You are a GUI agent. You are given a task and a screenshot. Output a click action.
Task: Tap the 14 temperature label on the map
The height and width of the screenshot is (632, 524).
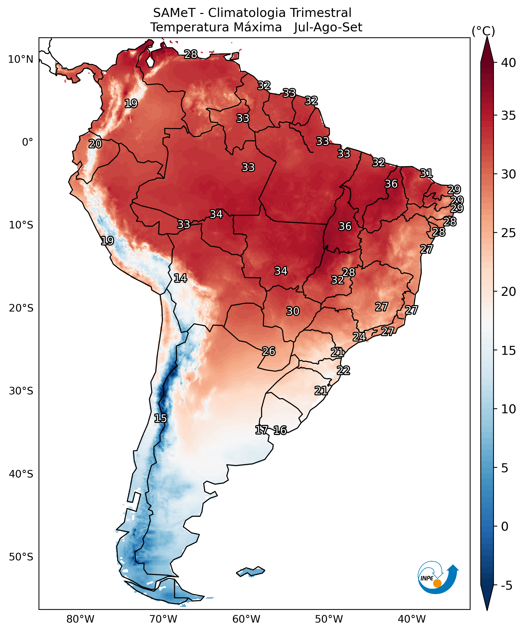pos(180,278)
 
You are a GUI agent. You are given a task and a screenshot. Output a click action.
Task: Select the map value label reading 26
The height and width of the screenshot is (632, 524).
pos(268,351)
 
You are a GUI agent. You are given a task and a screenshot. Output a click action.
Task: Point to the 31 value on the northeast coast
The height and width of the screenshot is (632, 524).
pos(426,173)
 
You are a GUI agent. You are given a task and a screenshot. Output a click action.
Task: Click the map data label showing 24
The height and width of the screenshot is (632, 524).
pos(359,337)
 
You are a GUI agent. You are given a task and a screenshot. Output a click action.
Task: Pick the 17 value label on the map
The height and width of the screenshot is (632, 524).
pos(261,430)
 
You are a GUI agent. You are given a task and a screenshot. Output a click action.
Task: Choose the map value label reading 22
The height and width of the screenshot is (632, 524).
pos(343,370)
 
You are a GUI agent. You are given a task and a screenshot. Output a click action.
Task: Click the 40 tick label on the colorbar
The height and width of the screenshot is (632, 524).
pos(508,63)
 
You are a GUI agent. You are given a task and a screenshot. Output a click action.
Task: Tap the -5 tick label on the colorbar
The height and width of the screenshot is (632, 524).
pos(507,586)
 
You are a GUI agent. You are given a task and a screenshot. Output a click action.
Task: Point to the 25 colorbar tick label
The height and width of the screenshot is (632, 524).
pos(508,233)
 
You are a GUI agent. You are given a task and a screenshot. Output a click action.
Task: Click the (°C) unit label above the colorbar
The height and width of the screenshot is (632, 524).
pos(483,31)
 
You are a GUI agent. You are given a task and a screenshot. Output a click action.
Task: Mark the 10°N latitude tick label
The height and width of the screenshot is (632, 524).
pos(20,59)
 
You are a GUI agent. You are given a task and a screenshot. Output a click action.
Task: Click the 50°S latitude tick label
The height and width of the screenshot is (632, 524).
pos(21,557)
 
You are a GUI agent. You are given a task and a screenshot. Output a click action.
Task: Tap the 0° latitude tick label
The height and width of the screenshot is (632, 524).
pos(27,142)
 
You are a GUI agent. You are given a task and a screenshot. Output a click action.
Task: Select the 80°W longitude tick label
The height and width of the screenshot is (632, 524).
pos(80,619)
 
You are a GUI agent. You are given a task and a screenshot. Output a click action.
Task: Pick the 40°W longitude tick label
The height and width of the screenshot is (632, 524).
pos(412,619)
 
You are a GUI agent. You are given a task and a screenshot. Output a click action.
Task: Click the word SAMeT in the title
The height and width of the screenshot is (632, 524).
pos(174,13)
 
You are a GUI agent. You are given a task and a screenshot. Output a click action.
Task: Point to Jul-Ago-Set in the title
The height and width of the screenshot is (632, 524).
pos(328,27)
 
